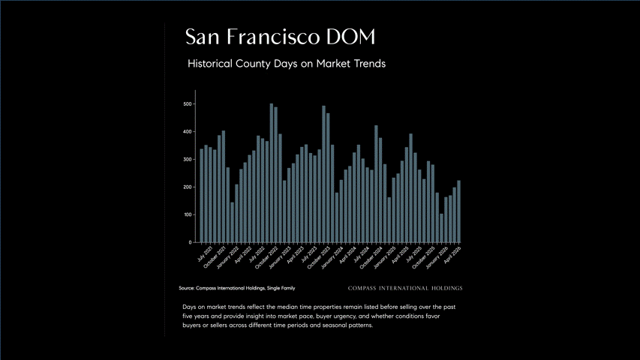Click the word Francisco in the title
(x=273, y=37)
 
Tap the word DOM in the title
(x=350, y=37)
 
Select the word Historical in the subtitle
(x=210, y=64)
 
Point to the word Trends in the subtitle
(x=369, y=64)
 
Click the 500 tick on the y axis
(x=188, y=104)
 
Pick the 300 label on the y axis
(x=188, y=160)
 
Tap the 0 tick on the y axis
(x=190, y=242)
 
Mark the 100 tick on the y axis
(x=188, y=214)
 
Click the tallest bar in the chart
(x=272, y=173)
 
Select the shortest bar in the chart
(x=441, y=228)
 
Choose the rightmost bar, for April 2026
(x=458, y=211)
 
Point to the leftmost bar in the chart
(x=202, y=196)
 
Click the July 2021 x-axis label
(x=206, y=253)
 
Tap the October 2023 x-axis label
(x=319, y=257)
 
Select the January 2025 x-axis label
(x=385, y=257)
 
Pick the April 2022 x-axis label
(x=243, y=255)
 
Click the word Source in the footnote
(x=187, y=288)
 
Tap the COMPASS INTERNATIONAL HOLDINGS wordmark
(x=405, y=288)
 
